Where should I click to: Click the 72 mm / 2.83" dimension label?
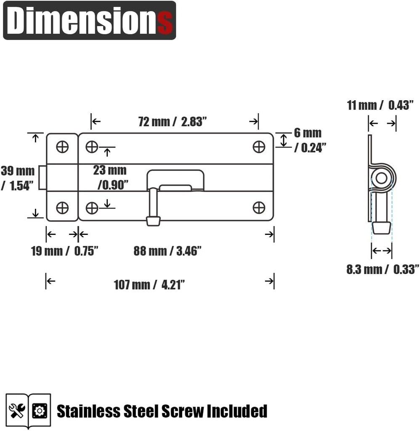click(x=173, y=122)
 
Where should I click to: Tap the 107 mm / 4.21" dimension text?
click(x=149, y=285)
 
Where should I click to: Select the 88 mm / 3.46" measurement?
click(x=167, y=251)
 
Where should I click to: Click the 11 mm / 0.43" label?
click(x=380, y=105)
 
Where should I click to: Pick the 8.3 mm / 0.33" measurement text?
click(x=383, y=269)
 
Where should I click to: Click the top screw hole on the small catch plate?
click(x=62, y=147)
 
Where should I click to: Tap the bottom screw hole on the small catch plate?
click(x=62, y=208)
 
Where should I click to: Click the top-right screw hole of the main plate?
click(x=259, y=147)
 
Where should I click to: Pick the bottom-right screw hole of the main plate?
click(x=259, y=208)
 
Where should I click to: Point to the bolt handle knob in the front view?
click(x=153, y=221)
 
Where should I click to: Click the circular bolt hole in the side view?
click(x=381, y=178)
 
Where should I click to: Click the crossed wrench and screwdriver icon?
click(x=17, y=411)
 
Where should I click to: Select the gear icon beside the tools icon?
click(x=40, y=411)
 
